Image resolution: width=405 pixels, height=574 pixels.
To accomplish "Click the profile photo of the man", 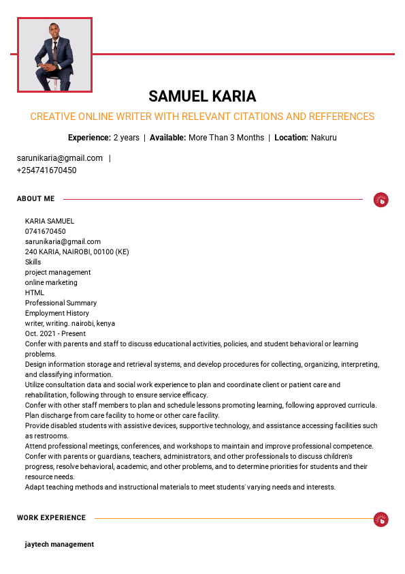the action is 54,55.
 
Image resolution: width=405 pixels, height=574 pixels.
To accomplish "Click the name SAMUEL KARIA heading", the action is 202,96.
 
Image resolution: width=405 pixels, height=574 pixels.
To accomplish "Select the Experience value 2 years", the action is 126,138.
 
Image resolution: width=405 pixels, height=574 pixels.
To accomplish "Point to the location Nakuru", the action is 324,138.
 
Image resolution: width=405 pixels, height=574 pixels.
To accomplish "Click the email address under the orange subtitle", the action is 60,158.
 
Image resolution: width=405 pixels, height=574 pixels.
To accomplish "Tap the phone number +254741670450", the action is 46,170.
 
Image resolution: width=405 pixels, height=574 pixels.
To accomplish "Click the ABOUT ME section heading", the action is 35,199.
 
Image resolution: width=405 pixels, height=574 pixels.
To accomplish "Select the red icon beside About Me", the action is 381,200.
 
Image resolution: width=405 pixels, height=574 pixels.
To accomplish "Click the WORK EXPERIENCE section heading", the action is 51,518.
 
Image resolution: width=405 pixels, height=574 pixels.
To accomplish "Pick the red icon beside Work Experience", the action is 381,519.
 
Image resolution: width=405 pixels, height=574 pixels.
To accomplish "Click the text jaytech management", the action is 59,545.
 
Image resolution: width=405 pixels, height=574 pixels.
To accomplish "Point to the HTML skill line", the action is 35,292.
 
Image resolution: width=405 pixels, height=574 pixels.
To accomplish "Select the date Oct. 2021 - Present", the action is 55,333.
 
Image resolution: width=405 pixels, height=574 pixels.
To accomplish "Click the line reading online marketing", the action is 51,282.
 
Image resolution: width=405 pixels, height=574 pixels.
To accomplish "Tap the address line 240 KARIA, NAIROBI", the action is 77,252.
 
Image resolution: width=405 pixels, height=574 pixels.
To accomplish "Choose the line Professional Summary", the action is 61,303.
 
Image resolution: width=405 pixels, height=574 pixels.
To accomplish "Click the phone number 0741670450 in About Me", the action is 46,231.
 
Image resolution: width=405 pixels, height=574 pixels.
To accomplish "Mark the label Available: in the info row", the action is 167,138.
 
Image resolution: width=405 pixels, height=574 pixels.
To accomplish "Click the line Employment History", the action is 57,313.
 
